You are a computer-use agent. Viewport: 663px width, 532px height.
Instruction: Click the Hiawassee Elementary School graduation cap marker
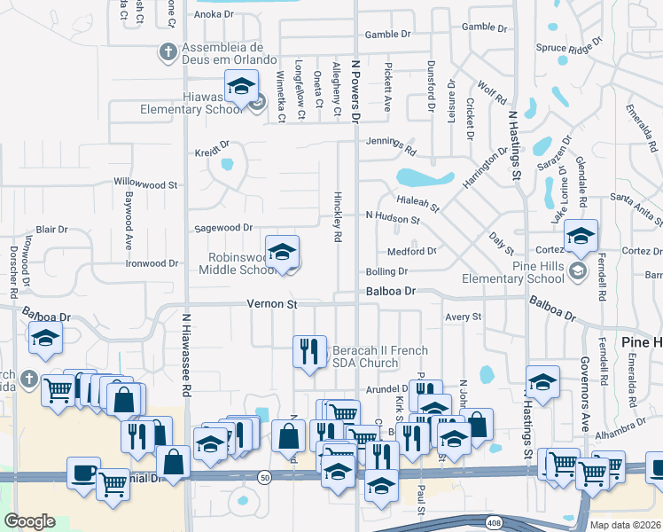[240, 87]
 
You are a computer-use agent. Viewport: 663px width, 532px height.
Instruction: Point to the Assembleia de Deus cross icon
[168, 51]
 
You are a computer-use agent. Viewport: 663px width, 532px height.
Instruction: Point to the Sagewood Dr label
[224, 228]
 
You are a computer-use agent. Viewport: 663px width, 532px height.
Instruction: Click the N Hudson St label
[393, 216]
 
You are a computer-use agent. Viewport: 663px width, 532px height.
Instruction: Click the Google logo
[29, 520]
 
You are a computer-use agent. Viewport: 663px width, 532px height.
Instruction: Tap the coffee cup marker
[83, 473]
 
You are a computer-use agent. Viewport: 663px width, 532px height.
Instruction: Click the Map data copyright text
[626, 525]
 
